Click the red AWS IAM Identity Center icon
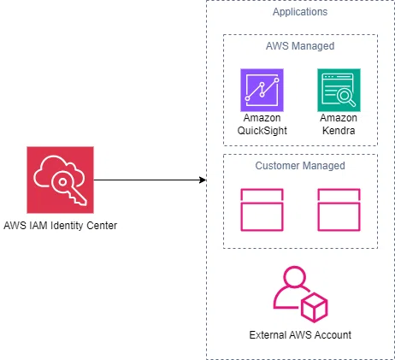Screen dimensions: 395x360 pos(60,180)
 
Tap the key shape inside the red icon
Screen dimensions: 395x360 pos(68,187)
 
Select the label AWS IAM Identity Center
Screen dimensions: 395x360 pos(61,226)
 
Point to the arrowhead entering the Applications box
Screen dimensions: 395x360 pos(203,180)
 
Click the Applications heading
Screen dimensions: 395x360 pos(300,12)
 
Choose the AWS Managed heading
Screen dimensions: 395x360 pos(300,46)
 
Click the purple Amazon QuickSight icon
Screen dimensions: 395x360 pos(262,90)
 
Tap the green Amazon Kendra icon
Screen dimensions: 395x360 pos(339,90)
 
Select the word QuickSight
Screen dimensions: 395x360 pos(262,131)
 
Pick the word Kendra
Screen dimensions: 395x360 pos(339,131)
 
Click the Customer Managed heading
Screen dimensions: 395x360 pos(300,166)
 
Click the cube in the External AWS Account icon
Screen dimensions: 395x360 pos(315,307)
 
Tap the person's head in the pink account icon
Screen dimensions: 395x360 pos(295,278)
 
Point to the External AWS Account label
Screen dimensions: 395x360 pos(300,335)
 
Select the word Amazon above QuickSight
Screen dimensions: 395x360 pos(262,118)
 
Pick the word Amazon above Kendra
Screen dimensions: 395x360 pos(339,118)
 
